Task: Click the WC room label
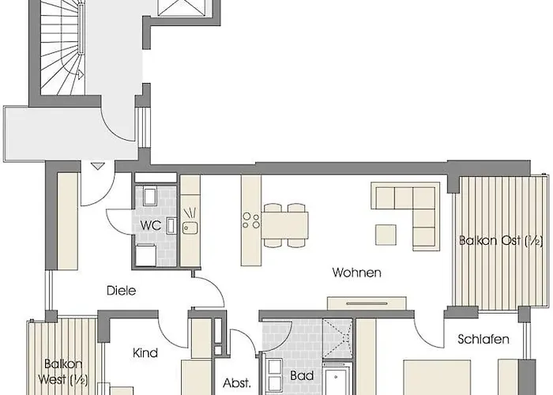click(151, 225)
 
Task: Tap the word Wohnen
click(356, 273)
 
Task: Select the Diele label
click(121, 291)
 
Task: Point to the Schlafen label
click(483, 339)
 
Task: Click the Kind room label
click(145, 352)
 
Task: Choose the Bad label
click(302, 375)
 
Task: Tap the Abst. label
click(237, 383)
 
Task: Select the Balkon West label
click(63, 372)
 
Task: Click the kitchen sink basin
click(190, 228)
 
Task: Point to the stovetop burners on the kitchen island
click(251, 220)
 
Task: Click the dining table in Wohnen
click(284, 225)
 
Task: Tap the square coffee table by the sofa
click(386, 235)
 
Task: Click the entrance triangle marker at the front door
click(97, 166)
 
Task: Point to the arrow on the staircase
click(79, 74)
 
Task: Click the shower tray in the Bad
click(337, 338)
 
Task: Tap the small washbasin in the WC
click(171, 226)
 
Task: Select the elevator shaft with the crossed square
click(181, 8)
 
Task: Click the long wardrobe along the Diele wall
click(67, 221)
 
